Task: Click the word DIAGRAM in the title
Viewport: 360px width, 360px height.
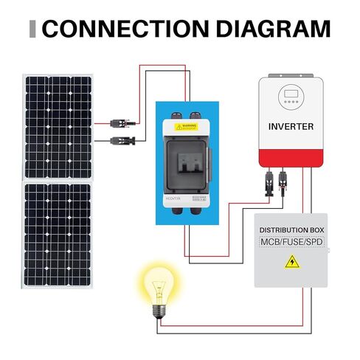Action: pyautogui.click(x=263, y=30)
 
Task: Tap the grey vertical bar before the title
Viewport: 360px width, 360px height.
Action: pyautogui.click(x=32, y=30)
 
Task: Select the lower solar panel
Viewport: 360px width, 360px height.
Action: pyautogui.click(x=58, y=235)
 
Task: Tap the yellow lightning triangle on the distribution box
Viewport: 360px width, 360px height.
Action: pyautogui.click(x=292, y=262)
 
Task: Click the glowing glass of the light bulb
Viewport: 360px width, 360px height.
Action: pyautogui.click(x=157, y=285)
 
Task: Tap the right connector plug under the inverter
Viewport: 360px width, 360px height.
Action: pyautogui.click(x=283, y=180)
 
